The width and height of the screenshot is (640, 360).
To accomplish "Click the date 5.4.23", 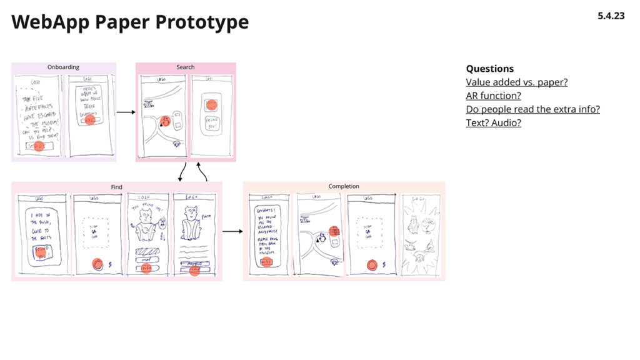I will coord(611,16).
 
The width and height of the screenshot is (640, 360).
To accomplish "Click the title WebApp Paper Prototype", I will coord(130,22).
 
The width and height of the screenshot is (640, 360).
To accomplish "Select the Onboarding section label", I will coord(63,67).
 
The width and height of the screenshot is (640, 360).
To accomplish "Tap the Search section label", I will coord(185,67).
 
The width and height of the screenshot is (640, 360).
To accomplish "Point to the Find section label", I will coord(116,187).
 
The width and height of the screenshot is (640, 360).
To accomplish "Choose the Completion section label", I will coord(344,186).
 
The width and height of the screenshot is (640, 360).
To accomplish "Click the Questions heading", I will coord(489,69).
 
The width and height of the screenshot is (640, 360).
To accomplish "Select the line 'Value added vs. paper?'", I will coord(516,82).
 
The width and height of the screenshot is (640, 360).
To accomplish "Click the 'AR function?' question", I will coord(493,96).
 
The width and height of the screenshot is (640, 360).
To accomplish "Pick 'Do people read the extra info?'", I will coord(532,109).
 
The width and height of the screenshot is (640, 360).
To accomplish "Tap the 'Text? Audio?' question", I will coord(493,122).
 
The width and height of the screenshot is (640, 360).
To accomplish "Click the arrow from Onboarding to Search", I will coord(126,112).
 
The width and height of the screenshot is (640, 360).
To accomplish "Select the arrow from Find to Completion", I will coord(232,231).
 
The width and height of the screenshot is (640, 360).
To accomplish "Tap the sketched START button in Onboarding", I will coord(39,146).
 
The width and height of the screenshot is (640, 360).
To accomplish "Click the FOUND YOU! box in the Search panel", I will coord(211,122).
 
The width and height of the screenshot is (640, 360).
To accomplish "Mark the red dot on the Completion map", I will coord(334,232).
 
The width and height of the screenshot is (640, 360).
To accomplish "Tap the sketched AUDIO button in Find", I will coord(194,264).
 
